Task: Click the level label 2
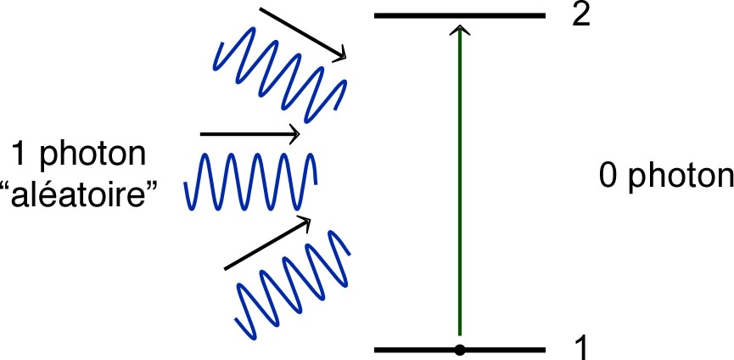tap(580, 16)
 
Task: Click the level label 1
tap(581, 346)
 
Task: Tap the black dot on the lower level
tap(459, 349)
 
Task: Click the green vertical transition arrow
tap(459, 187)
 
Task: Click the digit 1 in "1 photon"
tap(18, 155)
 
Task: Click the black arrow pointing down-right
tap(301, 33)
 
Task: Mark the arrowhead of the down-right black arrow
tap(341, 54)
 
